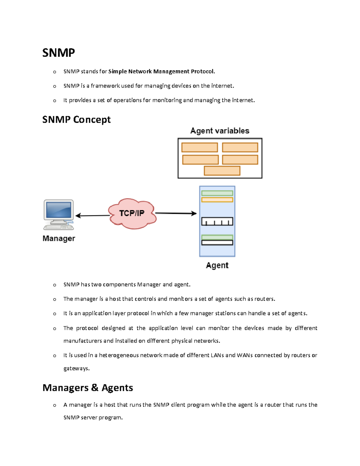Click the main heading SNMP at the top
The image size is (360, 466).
pos(58,53)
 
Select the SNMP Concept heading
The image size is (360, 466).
pos(76,119)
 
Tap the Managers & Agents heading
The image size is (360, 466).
pos(88,387)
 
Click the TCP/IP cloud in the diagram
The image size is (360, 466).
pos(132,213)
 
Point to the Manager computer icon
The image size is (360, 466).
pos(58,214)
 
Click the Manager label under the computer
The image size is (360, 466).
pos(59,238)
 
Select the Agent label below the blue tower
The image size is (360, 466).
pos(217,265)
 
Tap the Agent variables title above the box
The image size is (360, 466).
pos(220,131)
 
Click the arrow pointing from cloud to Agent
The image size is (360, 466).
pos(176,213)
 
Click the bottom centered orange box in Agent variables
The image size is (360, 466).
pos(222,170)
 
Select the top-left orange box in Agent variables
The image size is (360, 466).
pos(199,147)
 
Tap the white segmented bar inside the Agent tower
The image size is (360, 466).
pos(217,221)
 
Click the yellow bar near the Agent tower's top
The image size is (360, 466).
pos(217,200)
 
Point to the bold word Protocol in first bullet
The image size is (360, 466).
pos(203,71)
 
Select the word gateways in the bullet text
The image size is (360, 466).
pos(76,368)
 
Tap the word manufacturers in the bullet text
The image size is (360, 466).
pos(82,341)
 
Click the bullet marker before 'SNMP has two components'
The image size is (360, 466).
pos(54,285)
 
